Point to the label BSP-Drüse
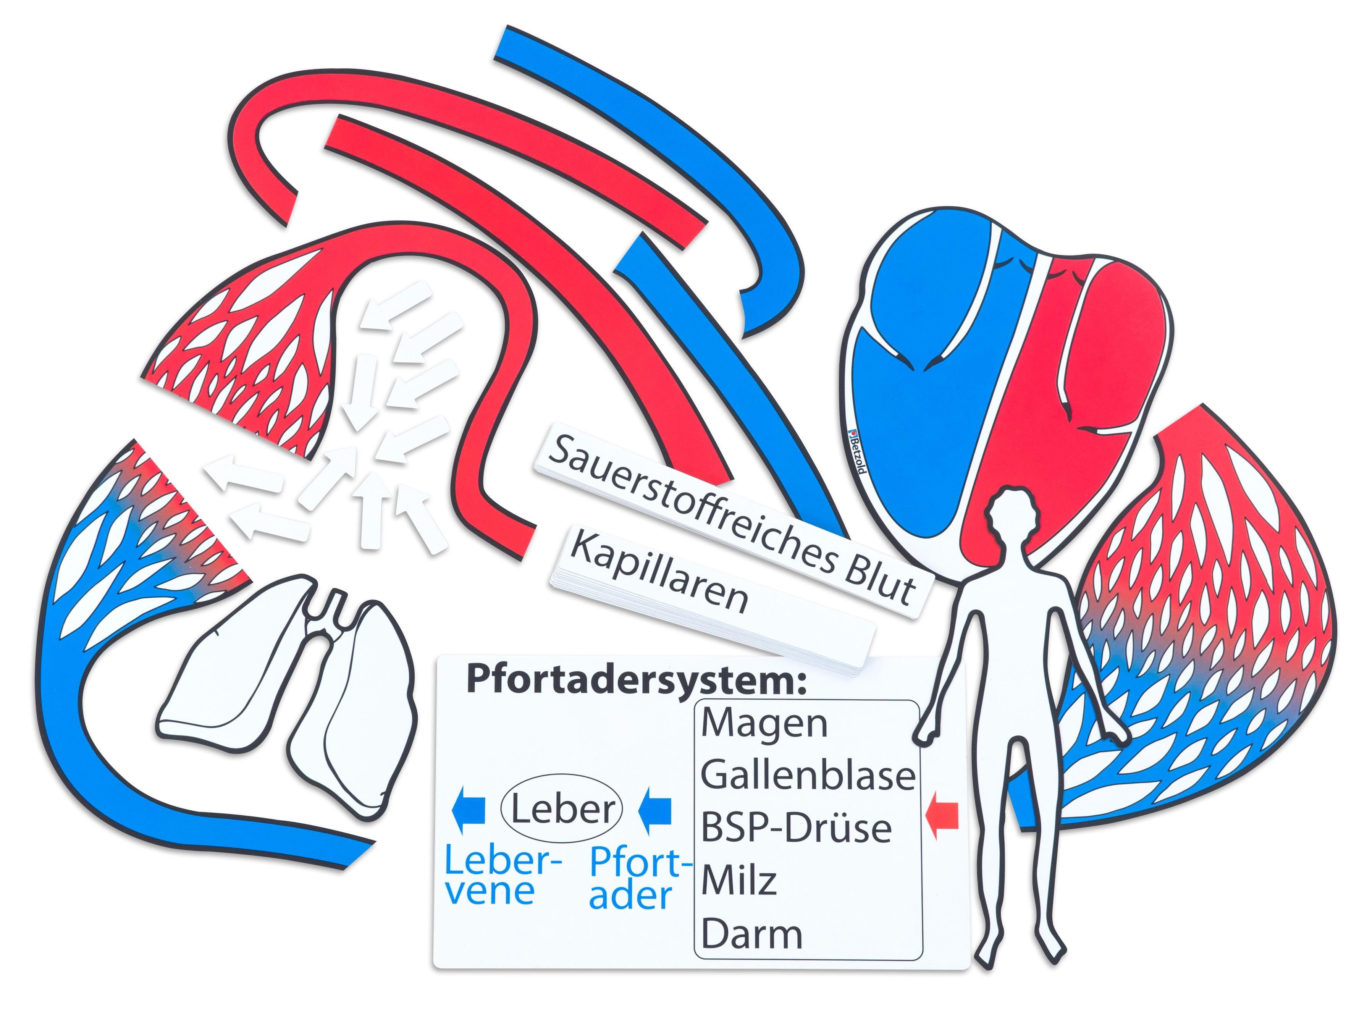[x=796, y=828]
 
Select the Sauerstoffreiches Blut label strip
[x=729, y=519]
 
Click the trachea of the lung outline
[x=334, y=608]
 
